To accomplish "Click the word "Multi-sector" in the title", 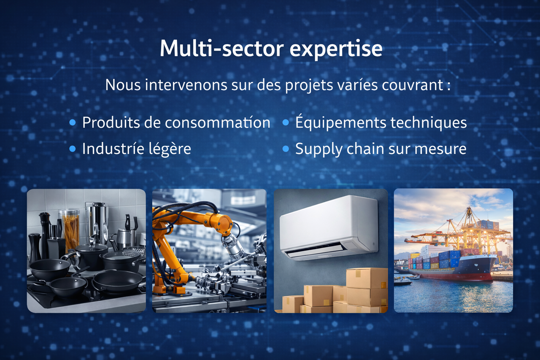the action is tap(222, 49).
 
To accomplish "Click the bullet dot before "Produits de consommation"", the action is tap(73, 123).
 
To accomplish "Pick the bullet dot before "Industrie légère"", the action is tap(73, 149).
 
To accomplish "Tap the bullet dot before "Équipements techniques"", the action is tap(286, 123).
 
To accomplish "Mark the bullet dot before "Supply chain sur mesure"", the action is tap(286, 149).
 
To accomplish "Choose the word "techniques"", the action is tap(428, 122).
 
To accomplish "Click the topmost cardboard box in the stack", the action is tap(367, 278).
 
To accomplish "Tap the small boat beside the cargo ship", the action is tap(402, 282).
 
